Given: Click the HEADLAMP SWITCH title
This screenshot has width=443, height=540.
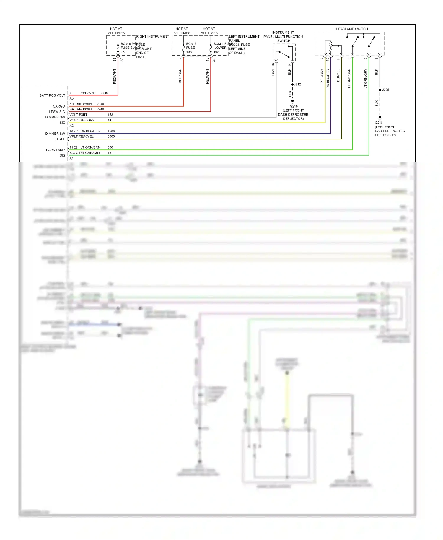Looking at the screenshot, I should click(x=352, y=29).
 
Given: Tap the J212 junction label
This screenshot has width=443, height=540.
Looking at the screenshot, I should click(x=297, y=84).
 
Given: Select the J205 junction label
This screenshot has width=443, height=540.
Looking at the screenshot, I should click(x=385, y=90).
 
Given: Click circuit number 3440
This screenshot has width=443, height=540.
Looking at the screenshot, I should click(x=104, y=93).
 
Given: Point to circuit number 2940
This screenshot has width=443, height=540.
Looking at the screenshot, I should click(x=100, y=104).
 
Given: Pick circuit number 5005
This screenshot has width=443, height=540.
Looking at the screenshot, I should click(x=111, y=136).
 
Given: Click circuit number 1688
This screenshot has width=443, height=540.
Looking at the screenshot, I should click(x=111, y=131).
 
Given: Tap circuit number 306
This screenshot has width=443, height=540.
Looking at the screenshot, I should click(x=110, y=147).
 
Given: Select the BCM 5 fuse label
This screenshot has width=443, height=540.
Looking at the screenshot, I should click(x=191, y=44).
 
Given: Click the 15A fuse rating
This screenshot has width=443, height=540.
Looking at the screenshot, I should click(x=123, y=52).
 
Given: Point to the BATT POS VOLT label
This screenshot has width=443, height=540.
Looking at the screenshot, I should click(x=52, y=95).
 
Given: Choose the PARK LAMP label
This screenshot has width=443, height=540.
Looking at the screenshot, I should click(x=56, y=150).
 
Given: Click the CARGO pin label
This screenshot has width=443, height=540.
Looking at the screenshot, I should click(x=59, y=106).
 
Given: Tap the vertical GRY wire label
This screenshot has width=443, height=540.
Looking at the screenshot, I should click(x=273, y=72).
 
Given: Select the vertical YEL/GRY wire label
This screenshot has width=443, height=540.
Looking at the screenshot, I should click(x=322, y=76).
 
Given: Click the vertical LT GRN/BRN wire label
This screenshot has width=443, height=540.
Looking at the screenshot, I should click(x=349, y=78).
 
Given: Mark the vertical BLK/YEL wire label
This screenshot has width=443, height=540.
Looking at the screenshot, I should click(x=338, y=75).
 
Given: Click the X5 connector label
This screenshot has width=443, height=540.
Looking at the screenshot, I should click(x=71, y=98).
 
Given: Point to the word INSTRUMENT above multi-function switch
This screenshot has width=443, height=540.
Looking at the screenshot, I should click(x=283, y=32).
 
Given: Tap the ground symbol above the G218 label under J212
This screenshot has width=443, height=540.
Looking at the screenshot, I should click(x=292, y=101).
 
